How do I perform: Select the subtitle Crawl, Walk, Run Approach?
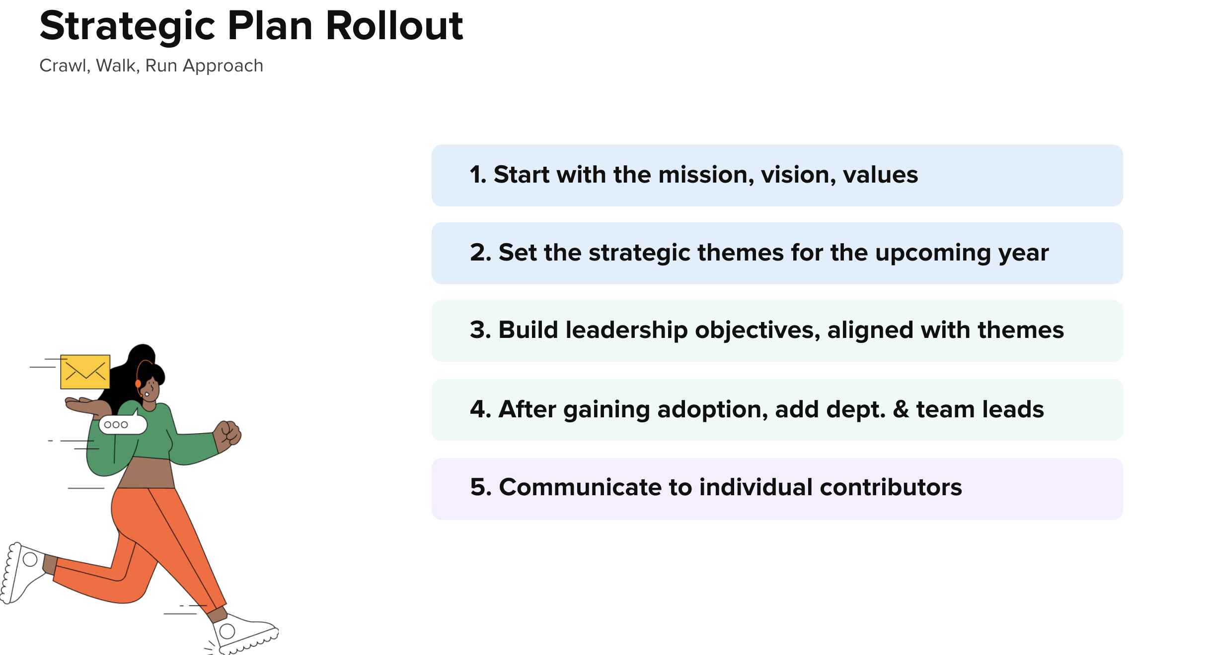click(x=151, y=65)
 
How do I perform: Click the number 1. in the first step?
click(x=478, y=175)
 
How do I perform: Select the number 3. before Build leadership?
click(x=480, y=330)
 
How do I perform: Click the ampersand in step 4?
click(x=901, y=409)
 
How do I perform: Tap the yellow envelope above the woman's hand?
click(x=85, y=372)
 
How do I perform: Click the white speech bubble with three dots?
click(x=122, y=425)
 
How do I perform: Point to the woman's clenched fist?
click(x=228, y=433)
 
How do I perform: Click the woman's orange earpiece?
click(x=138, y=384)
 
